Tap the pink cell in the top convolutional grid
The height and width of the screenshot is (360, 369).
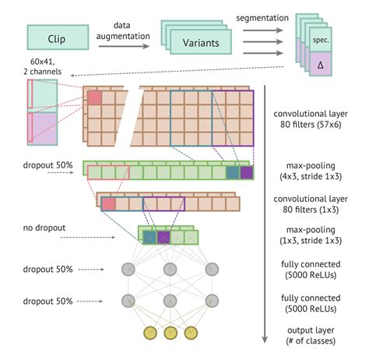point(95,98)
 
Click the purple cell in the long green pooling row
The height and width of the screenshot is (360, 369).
point(247,173)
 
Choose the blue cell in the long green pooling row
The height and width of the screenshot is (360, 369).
point(232,173)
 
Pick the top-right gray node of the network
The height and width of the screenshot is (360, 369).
point(209,270)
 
